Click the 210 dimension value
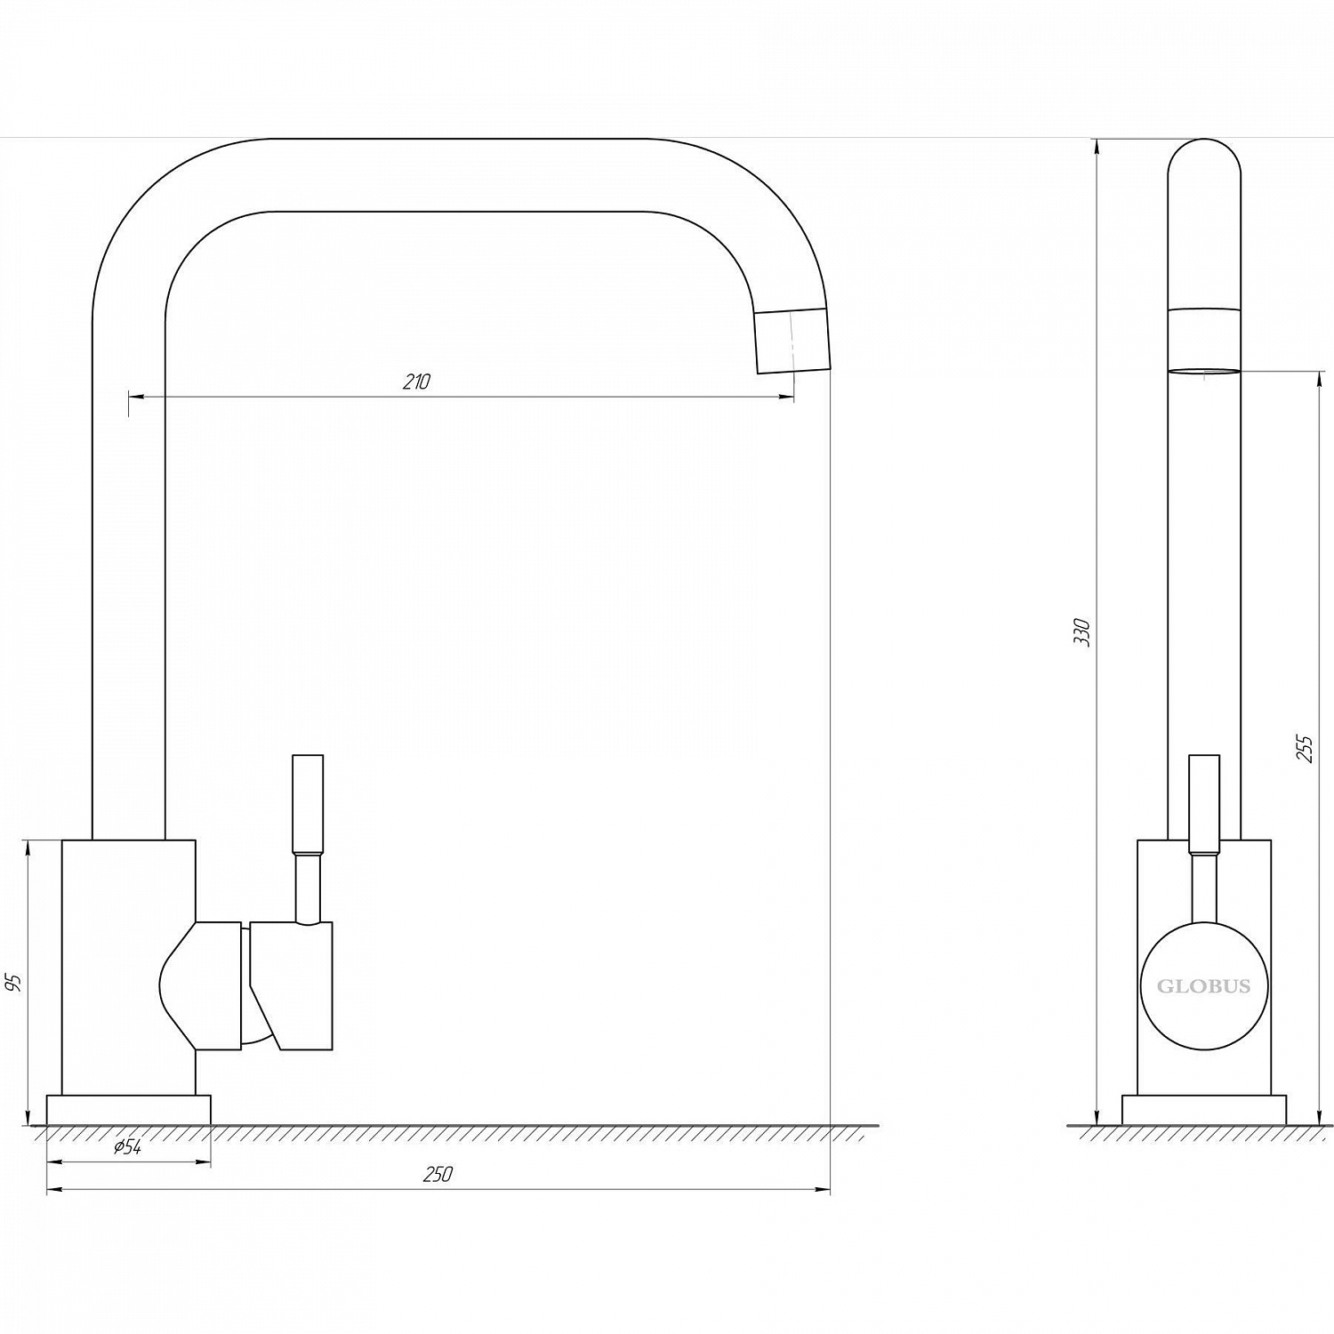pyautogui.click(x=416, y=382)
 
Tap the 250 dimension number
pyautogui.click(x=438, y=1175)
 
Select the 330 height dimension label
pyautogui.click(x=1082, y=631)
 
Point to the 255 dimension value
pyautogui.click(x=1304, y=749)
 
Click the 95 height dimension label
pyautogui.click(x=13, y=983)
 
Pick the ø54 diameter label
pyautogui.click(x=128, y=1147)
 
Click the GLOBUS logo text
pyautogui.click(x=1203, y=986)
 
